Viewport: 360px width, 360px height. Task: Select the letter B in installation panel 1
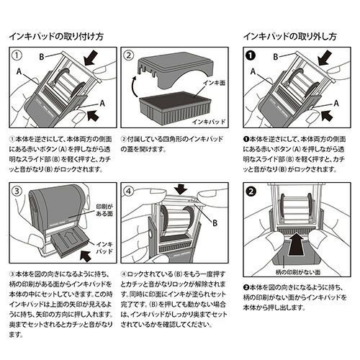click(x=41, y=55)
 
